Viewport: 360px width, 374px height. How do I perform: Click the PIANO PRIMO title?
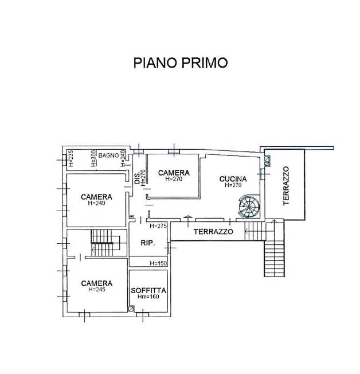click(181, 63)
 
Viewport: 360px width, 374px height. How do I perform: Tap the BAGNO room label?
click(108, 155)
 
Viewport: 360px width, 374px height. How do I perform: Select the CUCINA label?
click(233, 179)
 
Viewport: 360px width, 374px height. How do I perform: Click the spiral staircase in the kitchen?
click(249, 205)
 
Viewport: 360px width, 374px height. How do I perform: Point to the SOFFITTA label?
click(148, 290)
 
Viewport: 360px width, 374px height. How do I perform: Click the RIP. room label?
click(148, 243)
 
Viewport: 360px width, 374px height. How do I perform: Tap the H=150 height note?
click(158, 263)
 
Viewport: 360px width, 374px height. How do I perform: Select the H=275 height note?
click(158, 226)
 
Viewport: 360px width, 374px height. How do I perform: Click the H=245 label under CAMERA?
click(96, 289)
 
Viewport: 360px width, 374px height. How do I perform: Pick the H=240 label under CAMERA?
click(96, 203)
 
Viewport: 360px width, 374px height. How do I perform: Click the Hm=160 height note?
click(148, 297)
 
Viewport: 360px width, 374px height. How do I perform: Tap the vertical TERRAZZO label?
click(286, 186)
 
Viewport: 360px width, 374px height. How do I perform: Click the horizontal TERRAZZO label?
click(213, 232)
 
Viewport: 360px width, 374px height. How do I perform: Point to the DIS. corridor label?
click(137, 178)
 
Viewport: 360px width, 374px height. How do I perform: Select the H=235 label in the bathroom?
click(71, 158)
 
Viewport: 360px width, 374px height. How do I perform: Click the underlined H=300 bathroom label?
click(93, 158)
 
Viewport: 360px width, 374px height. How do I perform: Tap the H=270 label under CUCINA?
click(233, 185)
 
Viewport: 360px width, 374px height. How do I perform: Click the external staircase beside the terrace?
click(275, 248)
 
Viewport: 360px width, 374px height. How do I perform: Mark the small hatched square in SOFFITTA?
click(131, 309)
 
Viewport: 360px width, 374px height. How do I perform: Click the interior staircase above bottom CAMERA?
click(105, 243)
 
